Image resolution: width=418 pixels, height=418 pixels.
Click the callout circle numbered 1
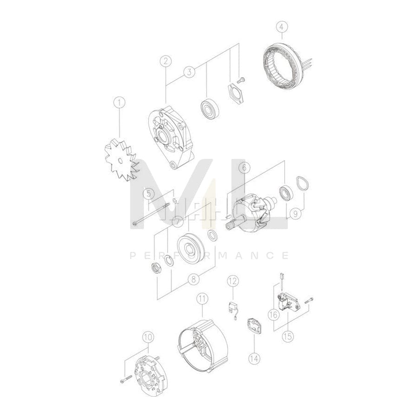pyautogui.click(x=119, y=102)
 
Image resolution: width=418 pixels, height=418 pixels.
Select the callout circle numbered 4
pyautogui.click(x=282, y=27)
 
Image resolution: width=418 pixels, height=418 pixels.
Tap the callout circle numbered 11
pyautogui.click(x=202, y=299)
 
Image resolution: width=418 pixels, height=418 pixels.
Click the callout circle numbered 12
pyautogui.click(x=233, y=281)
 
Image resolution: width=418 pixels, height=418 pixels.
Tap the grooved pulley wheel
pyautogui.click(x=190, y=249)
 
